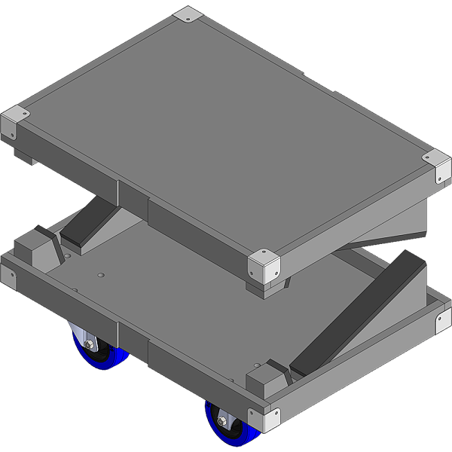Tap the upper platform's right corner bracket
(438, 167)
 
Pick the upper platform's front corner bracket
(264, 265)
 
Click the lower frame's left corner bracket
(8, 275)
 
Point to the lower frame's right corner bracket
(442, 319)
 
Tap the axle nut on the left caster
(90, 345)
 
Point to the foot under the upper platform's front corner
(267, 288)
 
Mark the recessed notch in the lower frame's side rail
(133, 336)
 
